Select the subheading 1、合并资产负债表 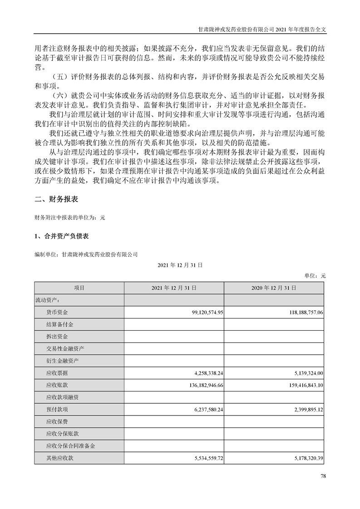click(61, 236)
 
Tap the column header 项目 click(79, 288)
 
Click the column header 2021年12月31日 click(173, 288)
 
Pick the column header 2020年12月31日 click(274, 288)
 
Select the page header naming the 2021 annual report click(263, 28)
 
